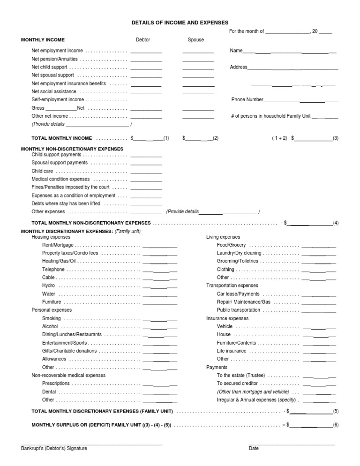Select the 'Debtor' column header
point(143,40)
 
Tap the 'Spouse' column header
point(195,40)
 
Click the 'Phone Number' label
point(247,100)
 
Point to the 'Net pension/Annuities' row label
point(54,60)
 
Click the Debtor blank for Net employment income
point(146,51)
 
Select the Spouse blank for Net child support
point(198,68)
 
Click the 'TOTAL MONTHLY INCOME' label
point(61,139)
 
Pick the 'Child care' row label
point(42,171)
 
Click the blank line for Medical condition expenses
point(146,180)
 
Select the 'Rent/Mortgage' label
point(58,245)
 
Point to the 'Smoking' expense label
point(51,318)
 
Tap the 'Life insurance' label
point(232,351)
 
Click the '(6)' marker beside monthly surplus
point(336,425)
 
